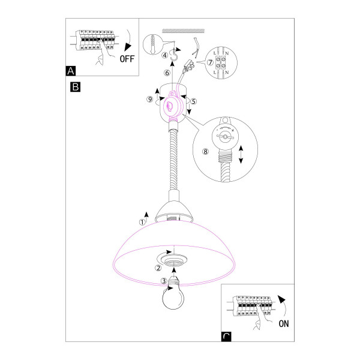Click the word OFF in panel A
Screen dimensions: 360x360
tap(127, 59)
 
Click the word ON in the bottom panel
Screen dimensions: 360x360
tap(284, 324)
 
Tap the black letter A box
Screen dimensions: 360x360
tap(70, 71)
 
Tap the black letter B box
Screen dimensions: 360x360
tap(76, 87)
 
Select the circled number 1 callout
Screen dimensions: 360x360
tap(142, 222)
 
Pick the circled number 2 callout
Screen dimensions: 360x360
tap(158, 268)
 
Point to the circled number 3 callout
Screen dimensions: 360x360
tap(164, 281)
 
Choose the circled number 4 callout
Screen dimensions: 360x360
tap(165, 55)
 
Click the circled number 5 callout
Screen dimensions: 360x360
tap(194, 101)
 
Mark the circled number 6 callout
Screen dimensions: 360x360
tap(167, 73)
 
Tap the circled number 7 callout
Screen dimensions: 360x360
tap(210, 62)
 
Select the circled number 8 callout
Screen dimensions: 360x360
tap(205, 152)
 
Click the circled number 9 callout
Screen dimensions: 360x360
tap(149, 99)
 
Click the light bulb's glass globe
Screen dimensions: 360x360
tap(173, 298)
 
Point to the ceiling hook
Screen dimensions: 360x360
tap(174, 55)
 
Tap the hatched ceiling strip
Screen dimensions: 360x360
tap(183, 31)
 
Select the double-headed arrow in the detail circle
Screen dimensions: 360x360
tap(241, 155)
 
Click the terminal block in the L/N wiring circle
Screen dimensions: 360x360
tap(221, 62)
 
